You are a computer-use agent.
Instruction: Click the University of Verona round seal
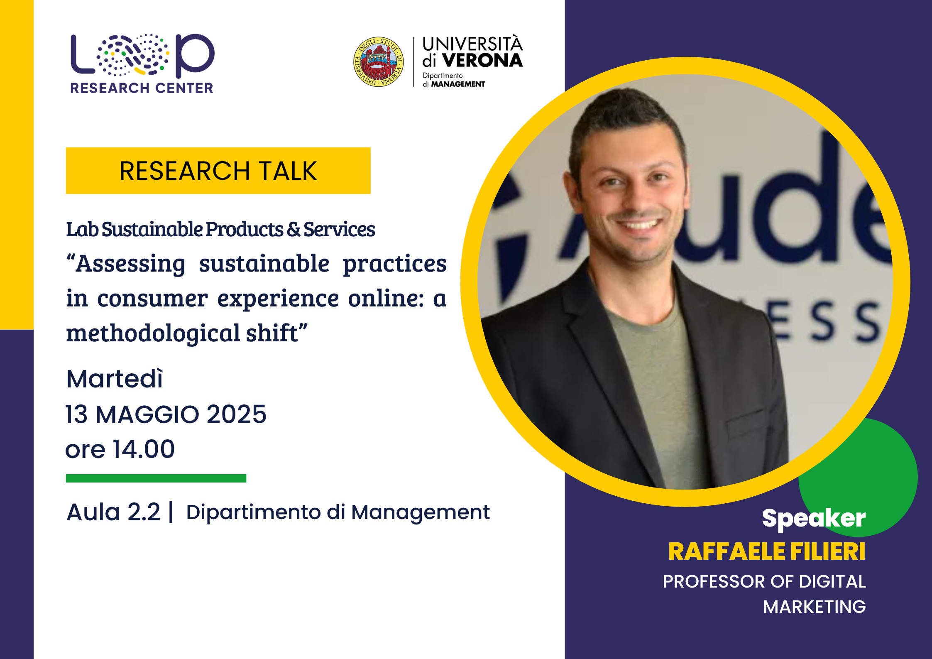click(378, 61)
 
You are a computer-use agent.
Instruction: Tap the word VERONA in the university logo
click(482, 61)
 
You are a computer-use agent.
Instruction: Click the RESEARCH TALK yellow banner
click(218, 170)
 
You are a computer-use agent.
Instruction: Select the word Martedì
click(115, 379)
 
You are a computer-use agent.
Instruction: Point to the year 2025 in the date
click(236, 414)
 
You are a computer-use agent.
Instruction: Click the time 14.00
click(144, 449)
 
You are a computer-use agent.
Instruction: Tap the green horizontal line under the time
click(156, 478)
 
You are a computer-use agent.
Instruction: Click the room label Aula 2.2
click(113, 512)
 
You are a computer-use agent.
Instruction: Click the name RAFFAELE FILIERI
click(767, 551)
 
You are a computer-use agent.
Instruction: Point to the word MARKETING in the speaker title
click(815, 607)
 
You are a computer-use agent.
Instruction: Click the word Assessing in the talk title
click(130, 265)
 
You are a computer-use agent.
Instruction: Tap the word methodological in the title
click(153, 333)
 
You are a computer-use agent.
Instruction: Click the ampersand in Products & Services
click(294, 230)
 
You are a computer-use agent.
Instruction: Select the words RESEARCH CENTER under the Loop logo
click(142, 88)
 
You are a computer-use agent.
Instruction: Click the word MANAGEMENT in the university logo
click(458, 84)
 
